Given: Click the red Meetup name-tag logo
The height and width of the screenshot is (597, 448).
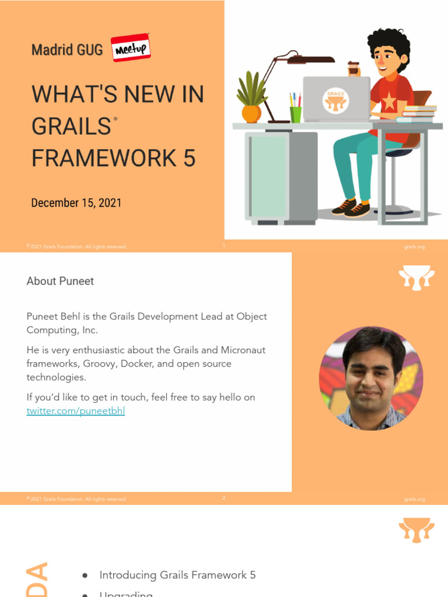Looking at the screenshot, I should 131,48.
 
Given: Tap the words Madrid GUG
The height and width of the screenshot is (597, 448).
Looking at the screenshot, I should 66,50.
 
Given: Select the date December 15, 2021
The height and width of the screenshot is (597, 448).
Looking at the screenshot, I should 76,203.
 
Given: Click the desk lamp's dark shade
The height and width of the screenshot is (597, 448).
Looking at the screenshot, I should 311,59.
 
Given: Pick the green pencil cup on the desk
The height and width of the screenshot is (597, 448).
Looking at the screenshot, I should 296,114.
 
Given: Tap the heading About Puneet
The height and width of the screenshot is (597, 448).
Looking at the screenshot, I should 60,281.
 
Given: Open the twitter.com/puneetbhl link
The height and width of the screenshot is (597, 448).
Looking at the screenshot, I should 76,411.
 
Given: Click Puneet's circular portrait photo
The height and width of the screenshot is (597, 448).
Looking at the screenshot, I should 371,378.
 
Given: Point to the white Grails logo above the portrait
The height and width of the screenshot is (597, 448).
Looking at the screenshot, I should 416,278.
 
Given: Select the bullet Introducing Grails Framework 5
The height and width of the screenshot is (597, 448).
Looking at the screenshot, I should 177,575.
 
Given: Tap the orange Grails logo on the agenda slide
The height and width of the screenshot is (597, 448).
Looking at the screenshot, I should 416,529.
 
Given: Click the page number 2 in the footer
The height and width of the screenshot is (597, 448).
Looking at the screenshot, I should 223,498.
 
